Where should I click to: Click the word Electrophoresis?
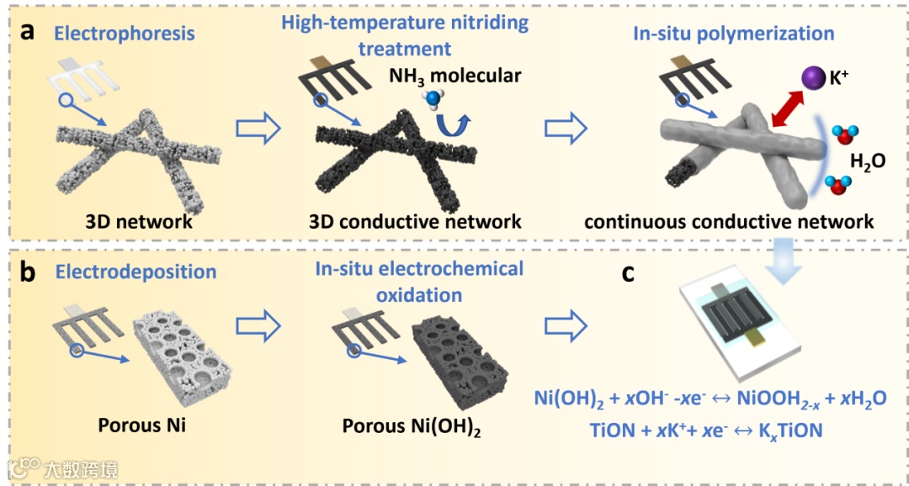[125, 34]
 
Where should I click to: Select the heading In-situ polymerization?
[734, 34]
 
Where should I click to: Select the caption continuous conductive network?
[729, 222]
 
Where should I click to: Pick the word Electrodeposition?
[136, 272]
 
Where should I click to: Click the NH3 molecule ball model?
[432, 102]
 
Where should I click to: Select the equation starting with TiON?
[707, 431]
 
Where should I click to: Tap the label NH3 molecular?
[455, 76]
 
